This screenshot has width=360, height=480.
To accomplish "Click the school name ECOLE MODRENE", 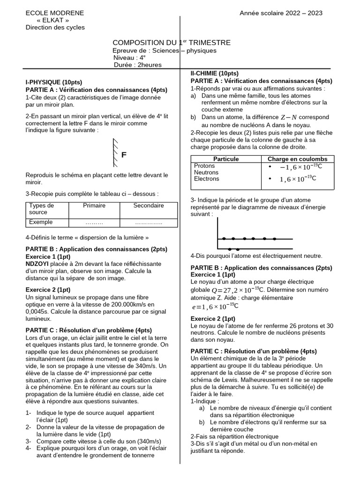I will pyautogui.click(x=55, y=13).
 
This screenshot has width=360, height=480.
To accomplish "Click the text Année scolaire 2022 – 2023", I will pyautogui.click(x=281, y=13).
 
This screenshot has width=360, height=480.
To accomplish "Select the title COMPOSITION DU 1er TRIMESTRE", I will pyautogui.click(x=172, y=43).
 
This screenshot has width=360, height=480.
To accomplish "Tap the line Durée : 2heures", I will pyautogui.click(x=138, y=65).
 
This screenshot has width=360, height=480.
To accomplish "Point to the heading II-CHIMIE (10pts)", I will pyautogui.click(x=214, y=74).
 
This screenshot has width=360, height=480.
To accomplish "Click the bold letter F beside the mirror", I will pyautogui.click(x=124, y=155).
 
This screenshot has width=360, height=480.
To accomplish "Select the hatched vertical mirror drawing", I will pyautogui.click(x=115, y=152).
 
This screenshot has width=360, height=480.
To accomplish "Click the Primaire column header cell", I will pyautogui.click(x=94, y=206).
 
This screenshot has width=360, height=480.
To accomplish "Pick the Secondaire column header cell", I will pyautogui.click(x=149, y=206).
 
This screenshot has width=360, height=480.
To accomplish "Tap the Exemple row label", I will pyautogui.click(x=41, y=222).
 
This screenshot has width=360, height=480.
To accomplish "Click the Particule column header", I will pyautogui.click(x=226, y=159).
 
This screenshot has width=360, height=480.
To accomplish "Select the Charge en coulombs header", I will pyautogui.click(x=297, y=159).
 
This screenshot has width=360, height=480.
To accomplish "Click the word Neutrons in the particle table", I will pyautogui.click(x=206, y=172).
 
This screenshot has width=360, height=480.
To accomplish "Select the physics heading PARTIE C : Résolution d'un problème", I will pyautogui.click(x=88, y=330).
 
